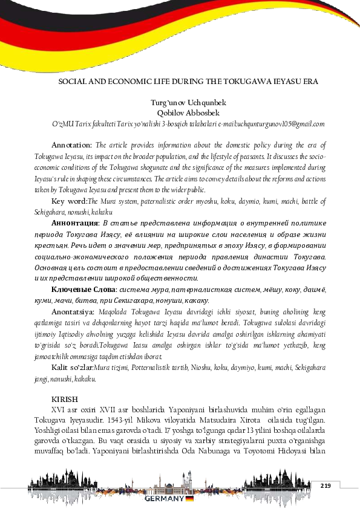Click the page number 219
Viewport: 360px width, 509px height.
326,486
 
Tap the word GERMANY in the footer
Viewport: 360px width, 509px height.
164,499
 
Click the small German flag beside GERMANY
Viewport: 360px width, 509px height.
189,499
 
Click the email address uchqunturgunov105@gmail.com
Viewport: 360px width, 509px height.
281,123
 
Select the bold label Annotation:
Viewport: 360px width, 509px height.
71,145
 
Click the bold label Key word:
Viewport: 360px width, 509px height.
70,201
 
